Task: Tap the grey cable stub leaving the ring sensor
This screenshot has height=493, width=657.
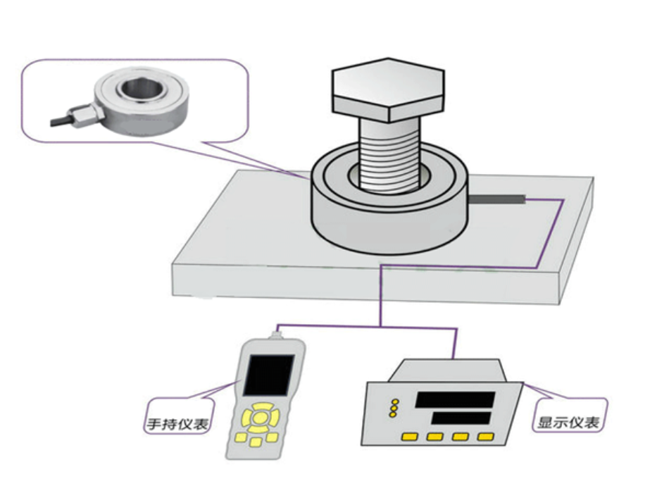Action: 496,200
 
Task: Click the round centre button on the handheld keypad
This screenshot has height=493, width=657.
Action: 260,418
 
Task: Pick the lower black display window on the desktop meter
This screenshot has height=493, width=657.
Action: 461,418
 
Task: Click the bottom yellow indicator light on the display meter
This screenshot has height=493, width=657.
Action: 394,414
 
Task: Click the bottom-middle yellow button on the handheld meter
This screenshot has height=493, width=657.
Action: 256,442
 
